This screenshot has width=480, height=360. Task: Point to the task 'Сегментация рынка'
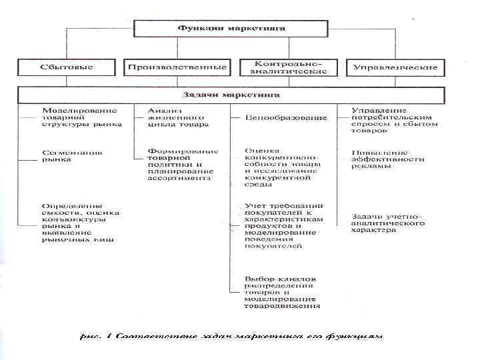pos(72,156)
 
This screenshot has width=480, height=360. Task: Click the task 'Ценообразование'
pos(286,118)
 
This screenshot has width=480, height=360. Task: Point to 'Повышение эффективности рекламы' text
pos(389,159)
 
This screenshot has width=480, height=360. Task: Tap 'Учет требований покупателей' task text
pos(284,225)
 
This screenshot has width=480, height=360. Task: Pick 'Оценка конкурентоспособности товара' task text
pos(283,164)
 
